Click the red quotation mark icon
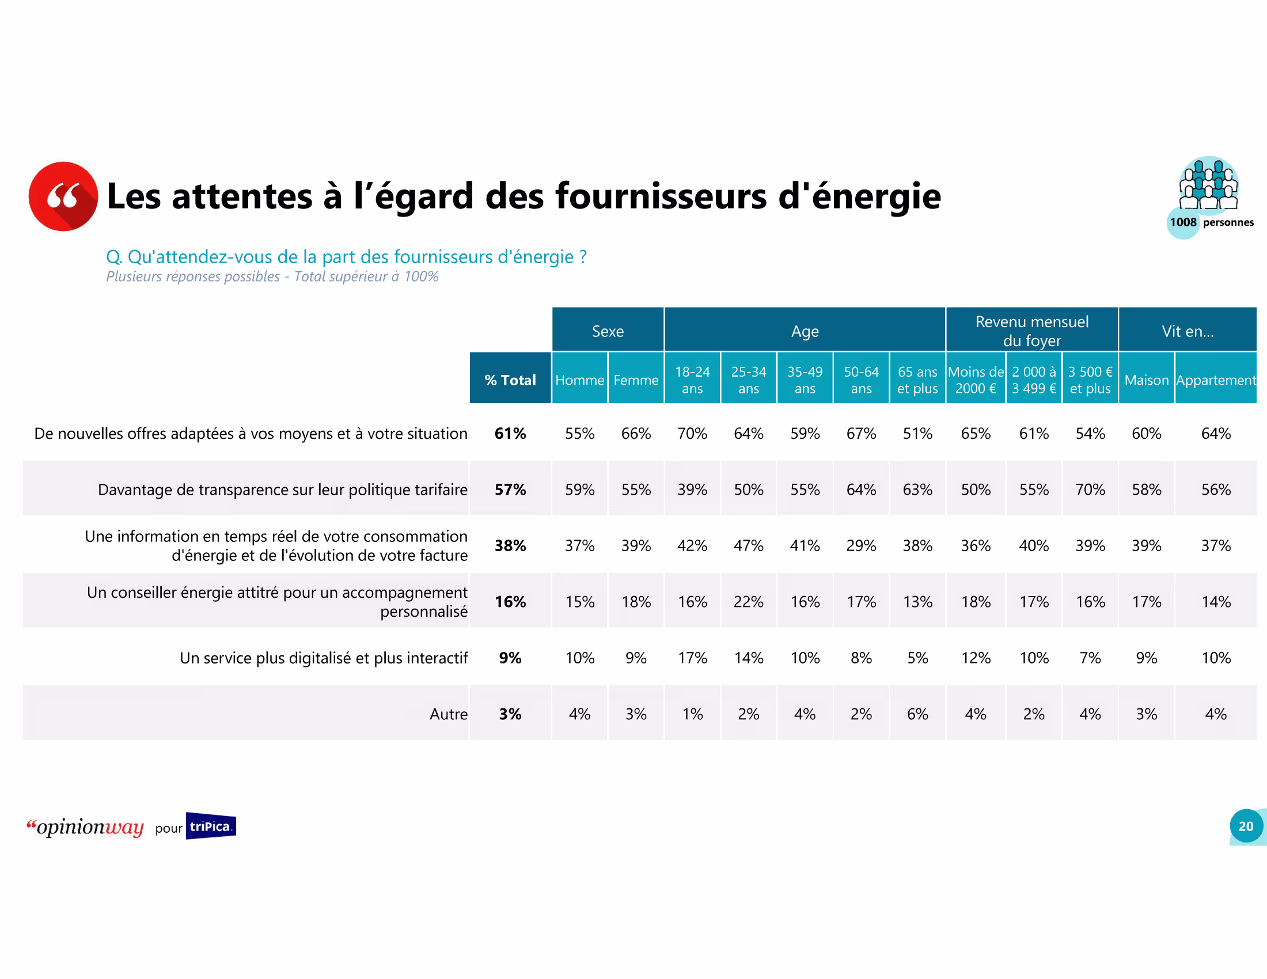point(63,196)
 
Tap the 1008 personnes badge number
point(1182,222)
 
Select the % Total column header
point(510,380)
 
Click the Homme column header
point(579,380)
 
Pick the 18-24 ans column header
point(692,380)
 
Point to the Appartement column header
point(1215,380)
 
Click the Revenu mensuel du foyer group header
point(1031,331)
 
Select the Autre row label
point(448,714)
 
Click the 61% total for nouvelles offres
point(510,433)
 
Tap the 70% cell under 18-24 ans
point(692,433)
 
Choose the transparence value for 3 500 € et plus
point(1090,490)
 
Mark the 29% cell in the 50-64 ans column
point(861,545)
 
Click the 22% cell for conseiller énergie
point(748,601)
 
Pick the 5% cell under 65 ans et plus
point(917,658)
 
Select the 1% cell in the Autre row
point(692,714)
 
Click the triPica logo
point(211,826)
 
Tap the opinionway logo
point(86,826)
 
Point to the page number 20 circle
point(1246,826)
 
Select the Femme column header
point(636,380)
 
